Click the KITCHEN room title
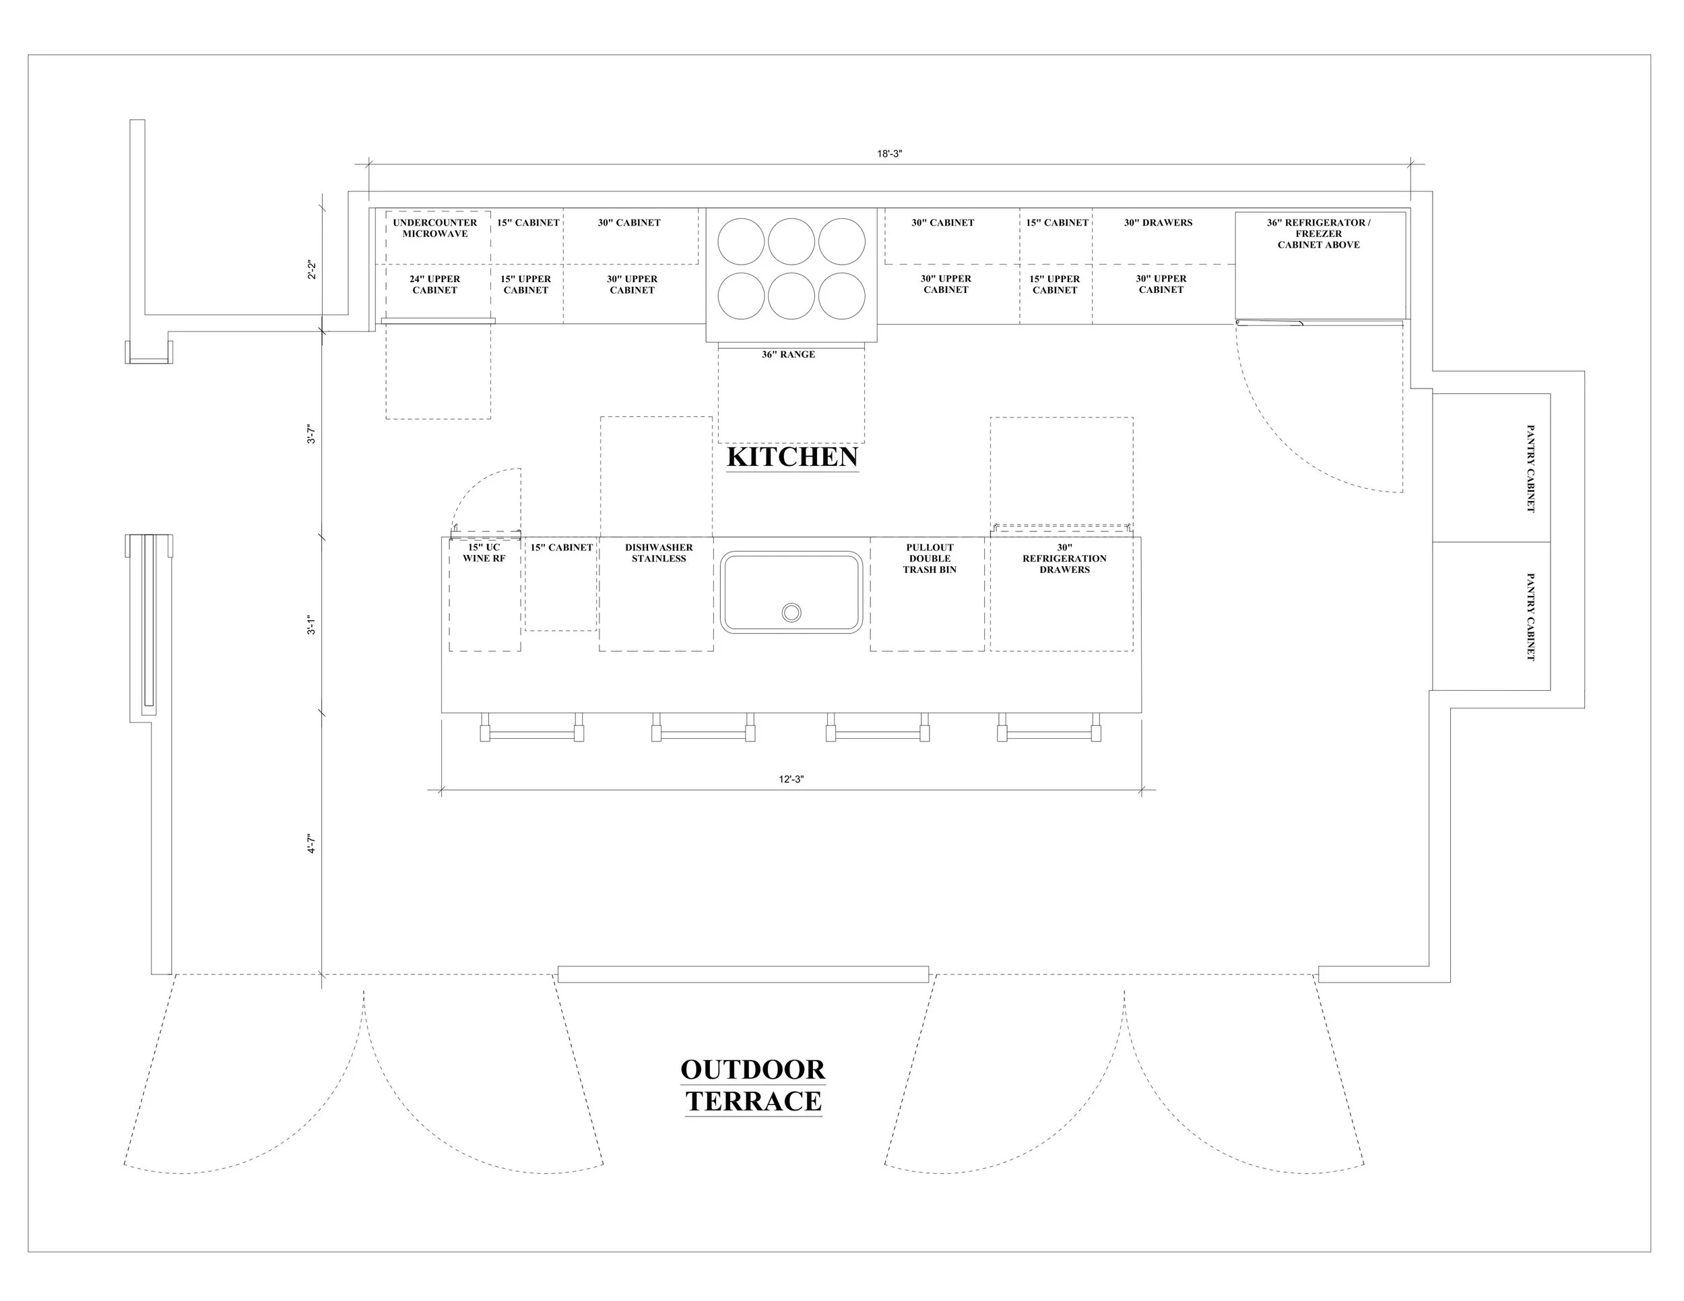[792, 457]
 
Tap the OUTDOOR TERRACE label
[752, 1086]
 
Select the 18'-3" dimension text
[889, 154]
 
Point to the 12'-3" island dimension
[791, 779]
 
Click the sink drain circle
[791, 613]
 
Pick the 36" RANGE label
[788, 354]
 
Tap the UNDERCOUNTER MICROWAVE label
[435, 228]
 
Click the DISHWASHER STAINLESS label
[659, 554]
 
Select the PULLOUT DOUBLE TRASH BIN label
[930, 559]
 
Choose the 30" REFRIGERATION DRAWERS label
[1064, 559]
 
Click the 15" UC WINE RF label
[484, 554]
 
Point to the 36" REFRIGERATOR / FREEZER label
[1318, 234]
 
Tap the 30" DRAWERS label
[1158, 223]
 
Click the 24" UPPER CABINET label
[435, 284]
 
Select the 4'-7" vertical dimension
[311, 844]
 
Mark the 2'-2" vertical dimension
[311, 270]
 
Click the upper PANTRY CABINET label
[1530, 468]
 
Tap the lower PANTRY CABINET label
[1530, 617]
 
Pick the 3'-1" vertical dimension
[311, 625]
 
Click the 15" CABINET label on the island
[561, 548]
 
